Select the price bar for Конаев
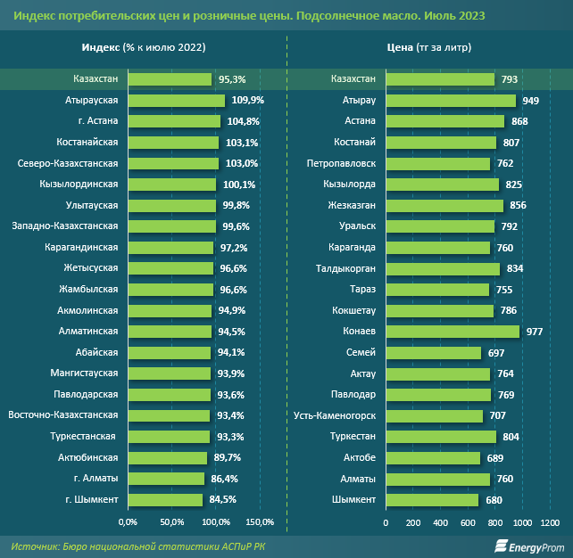click(452, 332)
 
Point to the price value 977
click(535, 332)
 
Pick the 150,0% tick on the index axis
click(259, 521)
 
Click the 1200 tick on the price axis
click(549, 521)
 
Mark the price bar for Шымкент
click(432, 499)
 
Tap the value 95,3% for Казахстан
click(234, 79)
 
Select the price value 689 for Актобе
click(495, 457)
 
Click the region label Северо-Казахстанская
click(68, 163)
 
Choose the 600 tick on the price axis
click(468, 521)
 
